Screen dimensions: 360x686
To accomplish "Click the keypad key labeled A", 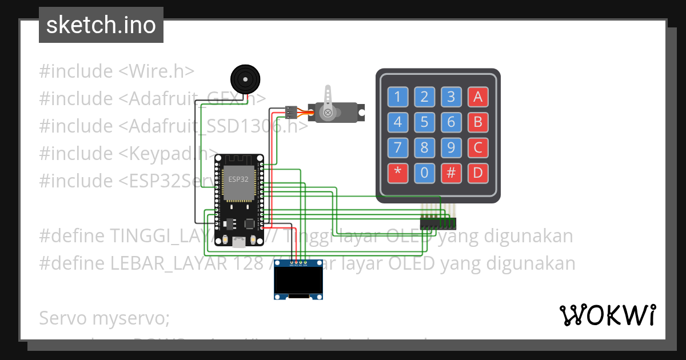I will pyautogui.click(x=478, y=97).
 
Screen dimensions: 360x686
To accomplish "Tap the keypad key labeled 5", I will pyautogui.click(x=424, y=122).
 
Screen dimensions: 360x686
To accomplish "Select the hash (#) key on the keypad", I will pyautogui.click(x=451, y=173).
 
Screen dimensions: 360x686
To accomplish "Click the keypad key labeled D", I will pyautogui.click(x=478, y=173).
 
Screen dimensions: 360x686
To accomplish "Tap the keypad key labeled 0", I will pyautogui.click(x=424, y=173).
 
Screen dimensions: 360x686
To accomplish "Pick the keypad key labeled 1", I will pyautogui.click(x=398, y=97).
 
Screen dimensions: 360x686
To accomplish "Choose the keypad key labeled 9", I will pyautogui.click(x=451, y=148).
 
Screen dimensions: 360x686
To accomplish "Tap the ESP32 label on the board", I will pyautogui.click(x=237, y=179).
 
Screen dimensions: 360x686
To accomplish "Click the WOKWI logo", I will pyautogui.click(x=608, y=315).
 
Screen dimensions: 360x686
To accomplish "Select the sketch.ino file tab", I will pyautogui.click(x=101, y=25).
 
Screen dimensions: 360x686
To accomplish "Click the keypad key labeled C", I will pyautogui.click(x=478, y=148).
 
